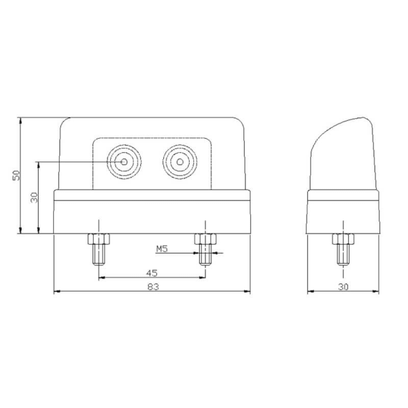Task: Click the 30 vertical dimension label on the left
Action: coord(34,198)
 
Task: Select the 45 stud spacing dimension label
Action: coord(152,272)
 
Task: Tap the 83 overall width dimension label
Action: coord(152,288)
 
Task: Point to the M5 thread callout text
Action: coord(162,249)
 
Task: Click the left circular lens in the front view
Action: coord(124,163)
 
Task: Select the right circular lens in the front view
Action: coord(180,163)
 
